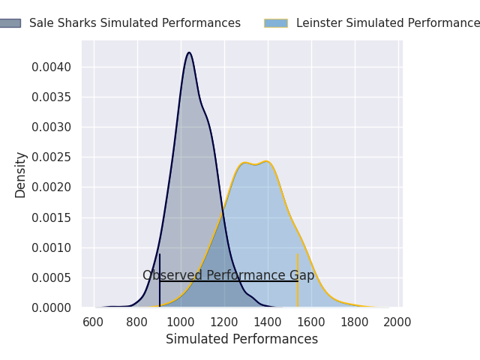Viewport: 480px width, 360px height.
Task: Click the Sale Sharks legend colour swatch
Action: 10,23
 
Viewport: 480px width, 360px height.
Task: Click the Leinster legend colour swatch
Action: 275,23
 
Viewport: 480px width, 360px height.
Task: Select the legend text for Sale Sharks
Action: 135,23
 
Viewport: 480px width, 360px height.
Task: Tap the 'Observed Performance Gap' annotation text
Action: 229,275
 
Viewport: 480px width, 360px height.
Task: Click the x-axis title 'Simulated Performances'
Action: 241,340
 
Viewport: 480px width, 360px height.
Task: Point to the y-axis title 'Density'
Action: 21,174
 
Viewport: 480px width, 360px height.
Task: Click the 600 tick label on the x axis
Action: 94,322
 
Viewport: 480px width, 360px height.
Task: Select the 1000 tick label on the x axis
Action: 181,322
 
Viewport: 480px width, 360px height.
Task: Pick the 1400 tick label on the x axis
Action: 268,322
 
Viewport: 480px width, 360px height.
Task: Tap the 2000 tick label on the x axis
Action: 397,322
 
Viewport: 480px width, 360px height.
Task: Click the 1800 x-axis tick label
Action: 355,322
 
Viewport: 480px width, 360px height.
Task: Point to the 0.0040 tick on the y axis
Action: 52,67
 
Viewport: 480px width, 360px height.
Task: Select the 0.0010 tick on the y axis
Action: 52,247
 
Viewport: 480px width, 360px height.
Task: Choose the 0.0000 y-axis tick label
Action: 52,307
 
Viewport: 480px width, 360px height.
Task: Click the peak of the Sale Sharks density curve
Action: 189,52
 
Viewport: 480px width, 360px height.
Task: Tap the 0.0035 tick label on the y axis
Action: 52,97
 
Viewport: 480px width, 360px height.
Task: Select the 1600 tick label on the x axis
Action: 311,322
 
